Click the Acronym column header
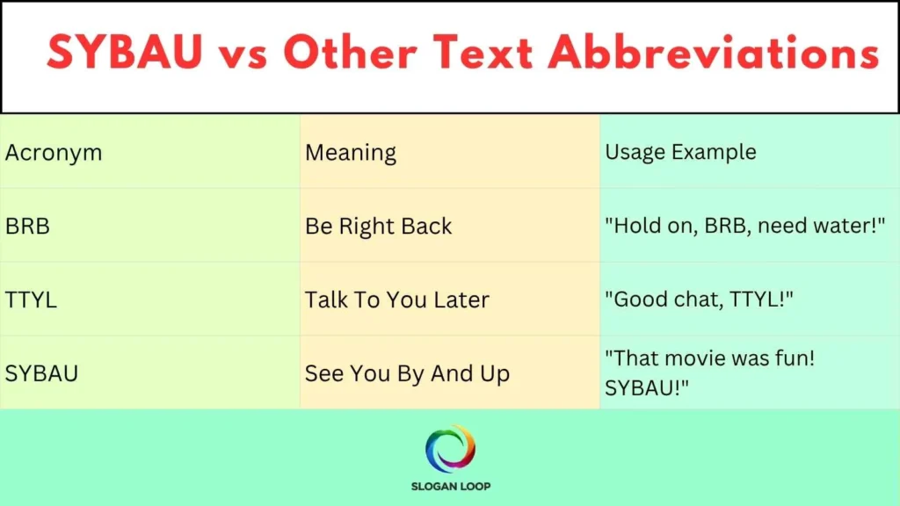(x=54, y=152)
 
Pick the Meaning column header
(x=351, y=153)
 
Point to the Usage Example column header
(x=680, y=151)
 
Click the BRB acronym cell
(x=27, y=226)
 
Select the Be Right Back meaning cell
(x=379, y=226)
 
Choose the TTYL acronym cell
(x=31, y=300)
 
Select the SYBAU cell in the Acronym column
(x=41, y=373)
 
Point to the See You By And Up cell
(x=407, y=373)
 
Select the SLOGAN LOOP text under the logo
(x=450, y=486)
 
